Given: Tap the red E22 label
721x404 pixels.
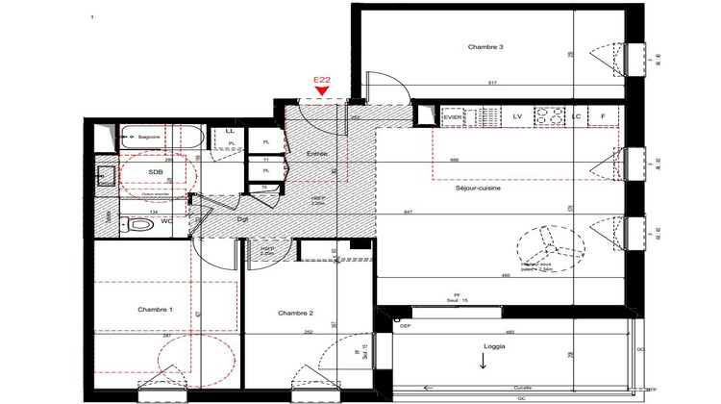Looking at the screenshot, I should (322, 80).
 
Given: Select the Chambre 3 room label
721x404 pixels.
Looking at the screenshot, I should (486, 47).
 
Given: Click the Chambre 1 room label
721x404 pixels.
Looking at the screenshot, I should (156, 309).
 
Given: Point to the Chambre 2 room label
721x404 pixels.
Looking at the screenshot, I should (296, 314).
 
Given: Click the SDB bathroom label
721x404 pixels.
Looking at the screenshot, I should (156, 172).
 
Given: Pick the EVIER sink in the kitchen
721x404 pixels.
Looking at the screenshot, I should (453, 116).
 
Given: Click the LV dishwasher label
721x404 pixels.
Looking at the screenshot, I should (516, 116).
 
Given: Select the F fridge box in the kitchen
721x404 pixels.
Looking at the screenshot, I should (603, 116).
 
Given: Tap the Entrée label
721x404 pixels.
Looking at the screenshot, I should (317, 154).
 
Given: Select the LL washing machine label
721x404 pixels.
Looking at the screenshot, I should (230, 131).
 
